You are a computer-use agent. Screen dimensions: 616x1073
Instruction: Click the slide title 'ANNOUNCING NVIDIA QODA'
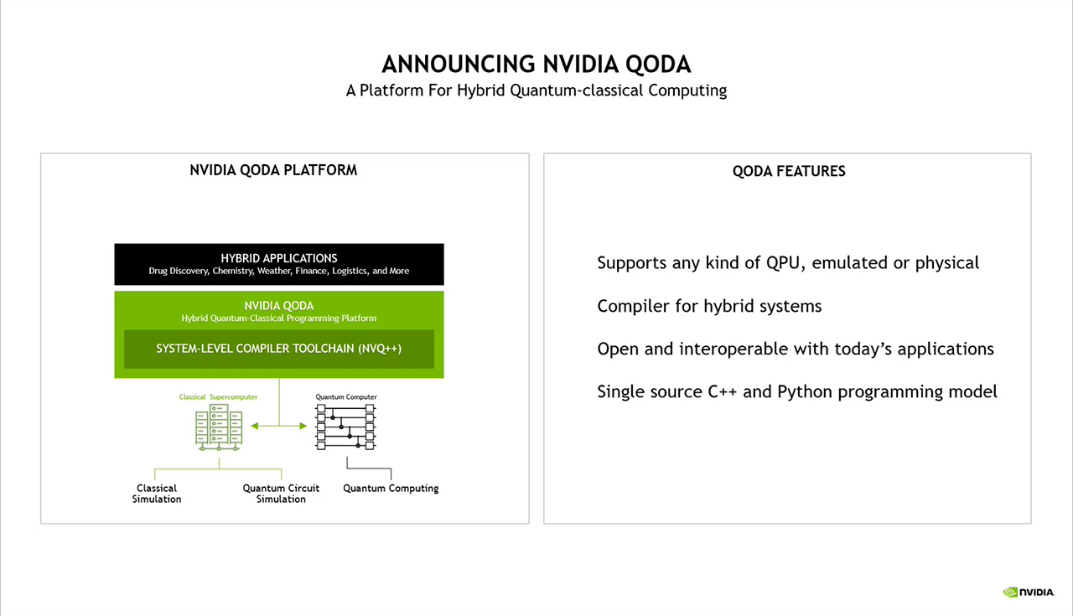point(536,65)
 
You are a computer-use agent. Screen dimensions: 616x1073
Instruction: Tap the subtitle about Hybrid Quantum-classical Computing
point(536,91)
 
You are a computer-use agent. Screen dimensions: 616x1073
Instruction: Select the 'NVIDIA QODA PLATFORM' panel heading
point(273,170)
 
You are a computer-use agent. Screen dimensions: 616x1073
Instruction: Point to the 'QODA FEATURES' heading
point(789,171)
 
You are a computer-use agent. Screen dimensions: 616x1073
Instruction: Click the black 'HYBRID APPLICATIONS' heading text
point(279,258)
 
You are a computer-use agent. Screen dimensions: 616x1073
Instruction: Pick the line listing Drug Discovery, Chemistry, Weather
point(279,272)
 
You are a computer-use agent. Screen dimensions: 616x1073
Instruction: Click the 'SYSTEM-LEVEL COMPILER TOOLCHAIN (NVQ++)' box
point(279,349)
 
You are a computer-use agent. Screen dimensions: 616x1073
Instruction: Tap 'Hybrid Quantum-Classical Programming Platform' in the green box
point(279,318)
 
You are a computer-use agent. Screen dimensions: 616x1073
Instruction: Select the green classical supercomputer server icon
point(218,427)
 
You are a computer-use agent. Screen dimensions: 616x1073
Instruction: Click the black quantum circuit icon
point(345,427)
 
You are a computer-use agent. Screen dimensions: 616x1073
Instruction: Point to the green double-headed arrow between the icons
point(279,427)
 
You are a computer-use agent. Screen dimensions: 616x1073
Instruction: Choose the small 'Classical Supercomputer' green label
point(218,396)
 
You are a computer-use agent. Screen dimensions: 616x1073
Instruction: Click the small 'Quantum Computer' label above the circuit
point(346,396)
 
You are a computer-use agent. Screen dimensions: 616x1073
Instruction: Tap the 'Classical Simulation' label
point(157,494)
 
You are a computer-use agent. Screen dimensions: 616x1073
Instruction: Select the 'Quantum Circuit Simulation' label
point(281,494)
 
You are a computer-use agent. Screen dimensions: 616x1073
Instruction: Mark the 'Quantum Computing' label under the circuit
point(391,489)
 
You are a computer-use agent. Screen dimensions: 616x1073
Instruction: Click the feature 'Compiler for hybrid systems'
point(709,306)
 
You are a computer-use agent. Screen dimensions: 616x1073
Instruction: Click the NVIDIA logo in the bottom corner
point(1029,593)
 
